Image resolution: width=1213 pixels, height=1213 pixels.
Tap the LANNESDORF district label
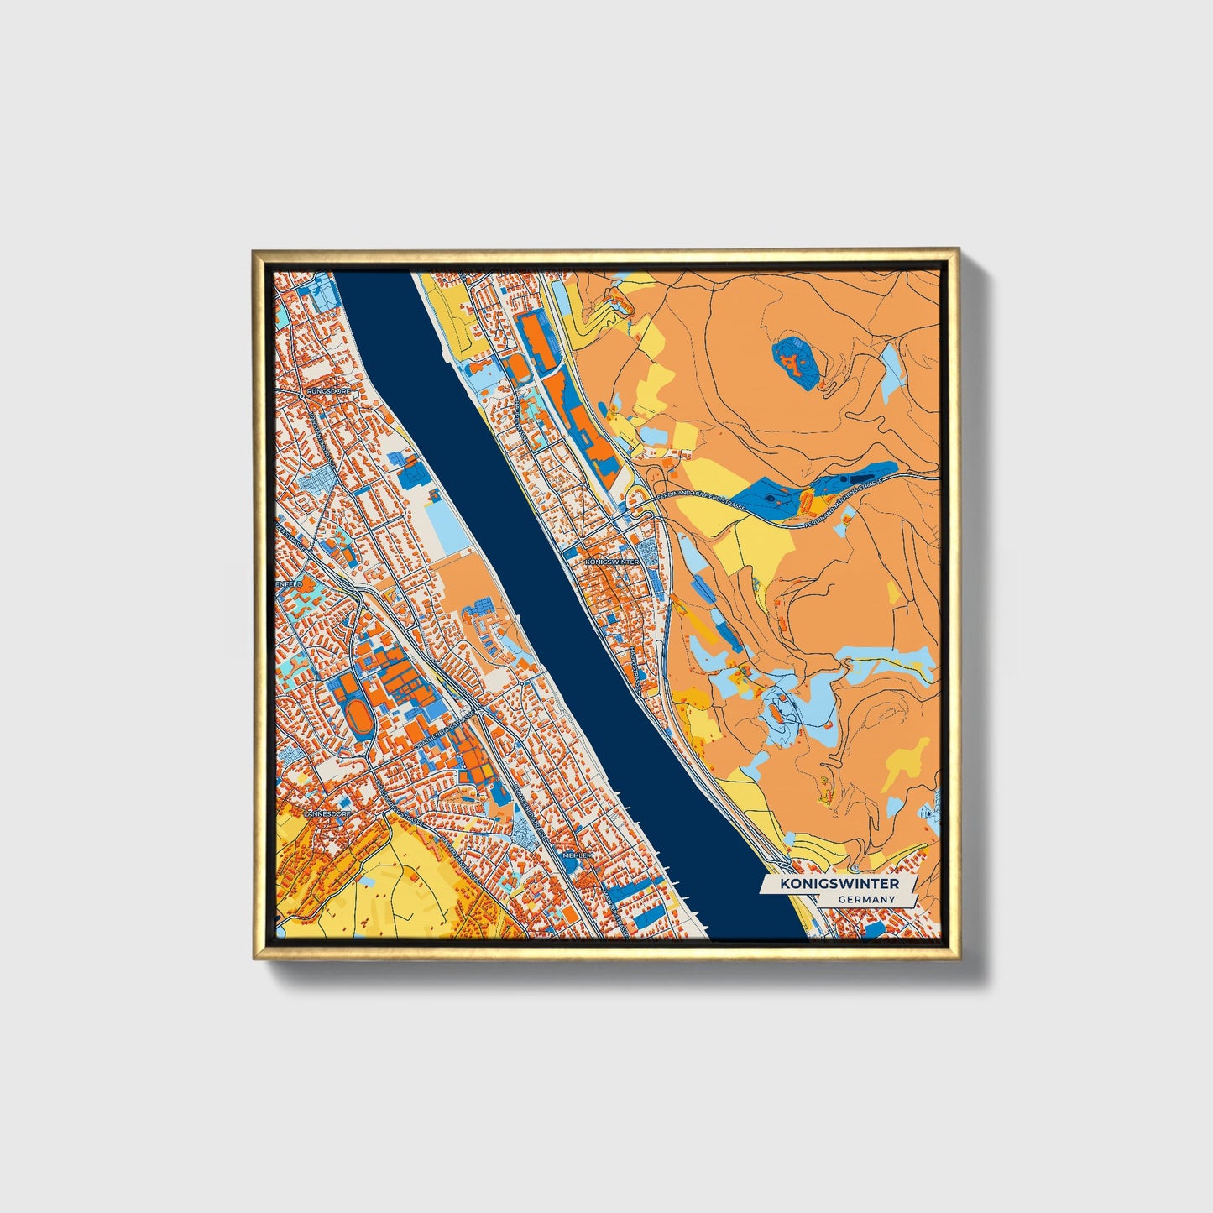pyautogui.click(x=325, y=813)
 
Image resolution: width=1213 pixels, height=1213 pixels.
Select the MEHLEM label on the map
pyautogui.click(x=578, y=855)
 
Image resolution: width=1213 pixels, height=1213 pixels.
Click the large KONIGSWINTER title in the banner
pyautogui.click(x=839, y=884)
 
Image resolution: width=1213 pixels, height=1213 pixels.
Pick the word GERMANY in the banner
pyautogui.click(x=866, y=899)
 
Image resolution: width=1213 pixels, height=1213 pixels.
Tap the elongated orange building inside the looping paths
pyautogui.click(x=782, y=713)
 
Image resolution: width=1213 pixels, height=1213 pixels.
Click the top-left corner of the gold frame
pyautogui.click(x=254, y=251)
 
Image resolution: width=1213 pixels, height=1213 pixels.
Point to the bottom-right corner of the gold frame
pyautogui.click(x=957, y=959)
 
